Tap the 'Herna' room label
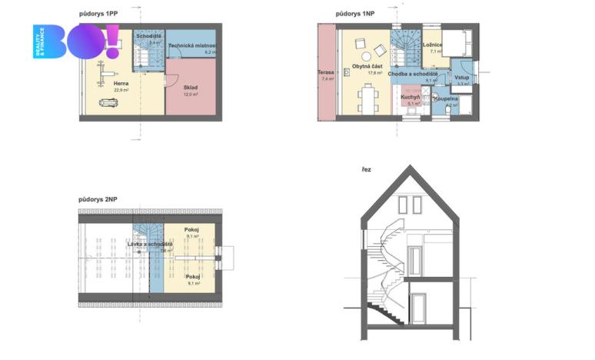point(121,83)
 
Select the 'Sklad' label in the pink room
point(191,88)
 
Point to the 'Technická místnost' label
point(192,46)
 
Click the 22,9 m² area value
point(121,90)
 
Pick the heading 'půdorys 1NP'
point(355,14)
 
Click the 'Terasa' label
point(326,73)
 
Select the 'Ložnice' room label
point(433,45)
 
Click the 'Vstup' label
point(462,78)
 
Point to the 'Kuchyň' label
point(411,97)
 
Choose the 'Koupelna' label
point(447,98)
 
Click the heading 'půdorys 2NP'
point(98,200)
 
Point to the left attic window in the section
point(402,204)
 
